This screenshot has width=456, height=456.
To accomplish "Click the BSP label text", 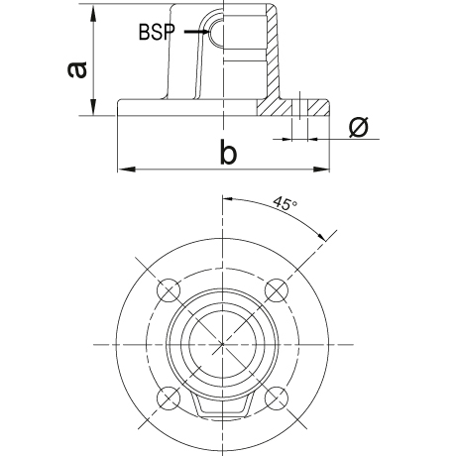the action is click(x=156, y=32).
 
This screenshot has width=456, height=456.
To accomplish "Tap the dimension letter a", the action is click(x=77, y=69).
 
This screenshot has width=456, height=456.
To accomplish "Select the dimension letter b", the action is click(x=228, y=152).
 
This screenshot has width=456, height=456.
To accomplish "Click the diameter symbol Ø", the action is click(x=359, y=127).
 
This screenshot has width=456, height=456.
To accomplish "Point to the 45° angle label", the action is click(x=285, y=203).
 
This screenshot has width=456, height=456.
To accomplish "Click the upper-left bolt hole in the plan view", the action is click(x=169, y=290).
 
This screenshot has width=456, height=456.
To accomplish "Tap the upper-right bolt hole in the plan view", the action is click(x=277, y=290).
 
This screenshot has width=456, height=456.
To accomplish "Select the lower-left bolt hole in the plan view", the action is click(x=169, y=398).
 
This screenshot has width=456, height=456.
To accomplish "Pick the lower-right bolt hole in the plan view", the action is click(x=277, y=398).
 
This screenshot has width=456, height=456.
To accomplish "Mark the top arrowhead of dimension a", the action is click(x=94, y=13).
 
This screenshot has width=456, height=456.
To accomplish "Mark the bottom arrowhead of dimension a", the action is click(x=94, y=107).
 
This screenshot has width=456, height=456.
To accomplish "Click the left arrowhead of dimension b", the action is click(x=127, y=170).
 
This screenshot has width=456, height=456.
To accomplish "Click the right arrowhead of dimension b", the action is click(x=321, y=170).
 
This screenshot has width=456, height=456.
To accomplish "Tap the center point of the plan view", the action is click(x=223, y=344).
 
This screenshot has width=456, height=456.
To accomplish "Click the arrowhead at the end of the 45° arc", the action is click(x=319, y=234).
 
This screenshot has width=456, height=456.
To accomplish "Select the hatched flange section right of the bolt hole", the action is click(x=318, y=107).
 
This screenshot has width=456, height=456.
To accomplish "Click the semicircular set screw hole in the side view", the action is click(x=215, y=32).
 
